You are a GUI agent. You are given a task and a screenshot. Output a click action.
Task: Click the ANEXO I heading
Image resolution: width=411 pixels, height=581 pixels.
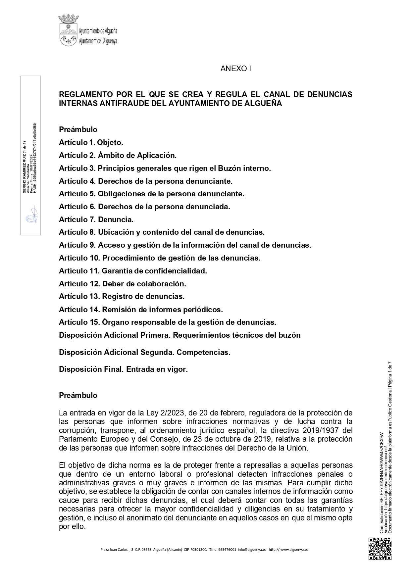pyautogui.click(x=235, y=69)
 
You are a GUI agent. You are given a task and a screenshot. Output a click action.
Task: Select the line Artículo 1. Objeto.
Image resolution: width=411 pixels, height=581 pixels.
pyautogui.click(x=91, y=142)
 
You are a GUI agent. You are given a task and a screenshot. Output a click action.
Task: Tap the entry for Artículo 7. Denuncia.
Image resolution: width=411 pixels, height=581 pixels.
pyautogui.click(x=96, y=219)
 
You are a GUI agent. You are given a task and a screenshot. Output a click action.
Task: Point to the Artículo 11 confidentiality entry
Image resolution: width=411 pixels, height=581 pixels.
pyautogui.click(x=133, y=271)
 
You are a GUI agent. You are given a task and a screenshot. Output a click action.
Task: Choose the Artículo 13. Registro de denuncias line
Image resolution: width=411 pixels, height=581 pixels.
pyautogui.click(x=122, y=296)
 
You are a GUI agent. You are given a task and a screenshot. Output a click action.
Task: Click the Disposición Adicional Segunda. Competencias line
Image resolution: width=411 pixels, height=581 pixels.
pyautogui.click(x=144, y=352)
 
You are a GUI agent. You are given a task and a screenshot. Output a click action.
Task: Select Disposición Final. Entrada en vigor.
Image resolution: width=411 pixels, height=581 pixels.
pyautogui.click(x=123, y=369)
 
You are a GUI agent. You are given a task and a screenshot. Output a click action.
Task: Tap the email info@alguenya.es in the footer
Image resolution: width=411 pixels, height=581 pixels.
pyautogui.click(x=252, y=550)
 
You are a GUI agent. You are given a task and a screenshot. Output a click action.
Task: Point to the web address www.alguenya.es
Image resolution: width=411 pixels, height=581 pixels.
pyautogui.click(x=294, y=550)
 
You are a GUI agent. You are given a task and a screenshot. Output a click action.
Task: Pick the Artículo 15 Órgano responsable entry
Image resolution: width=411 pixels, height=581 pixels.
pyautogui.click(x=167, y=322)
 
